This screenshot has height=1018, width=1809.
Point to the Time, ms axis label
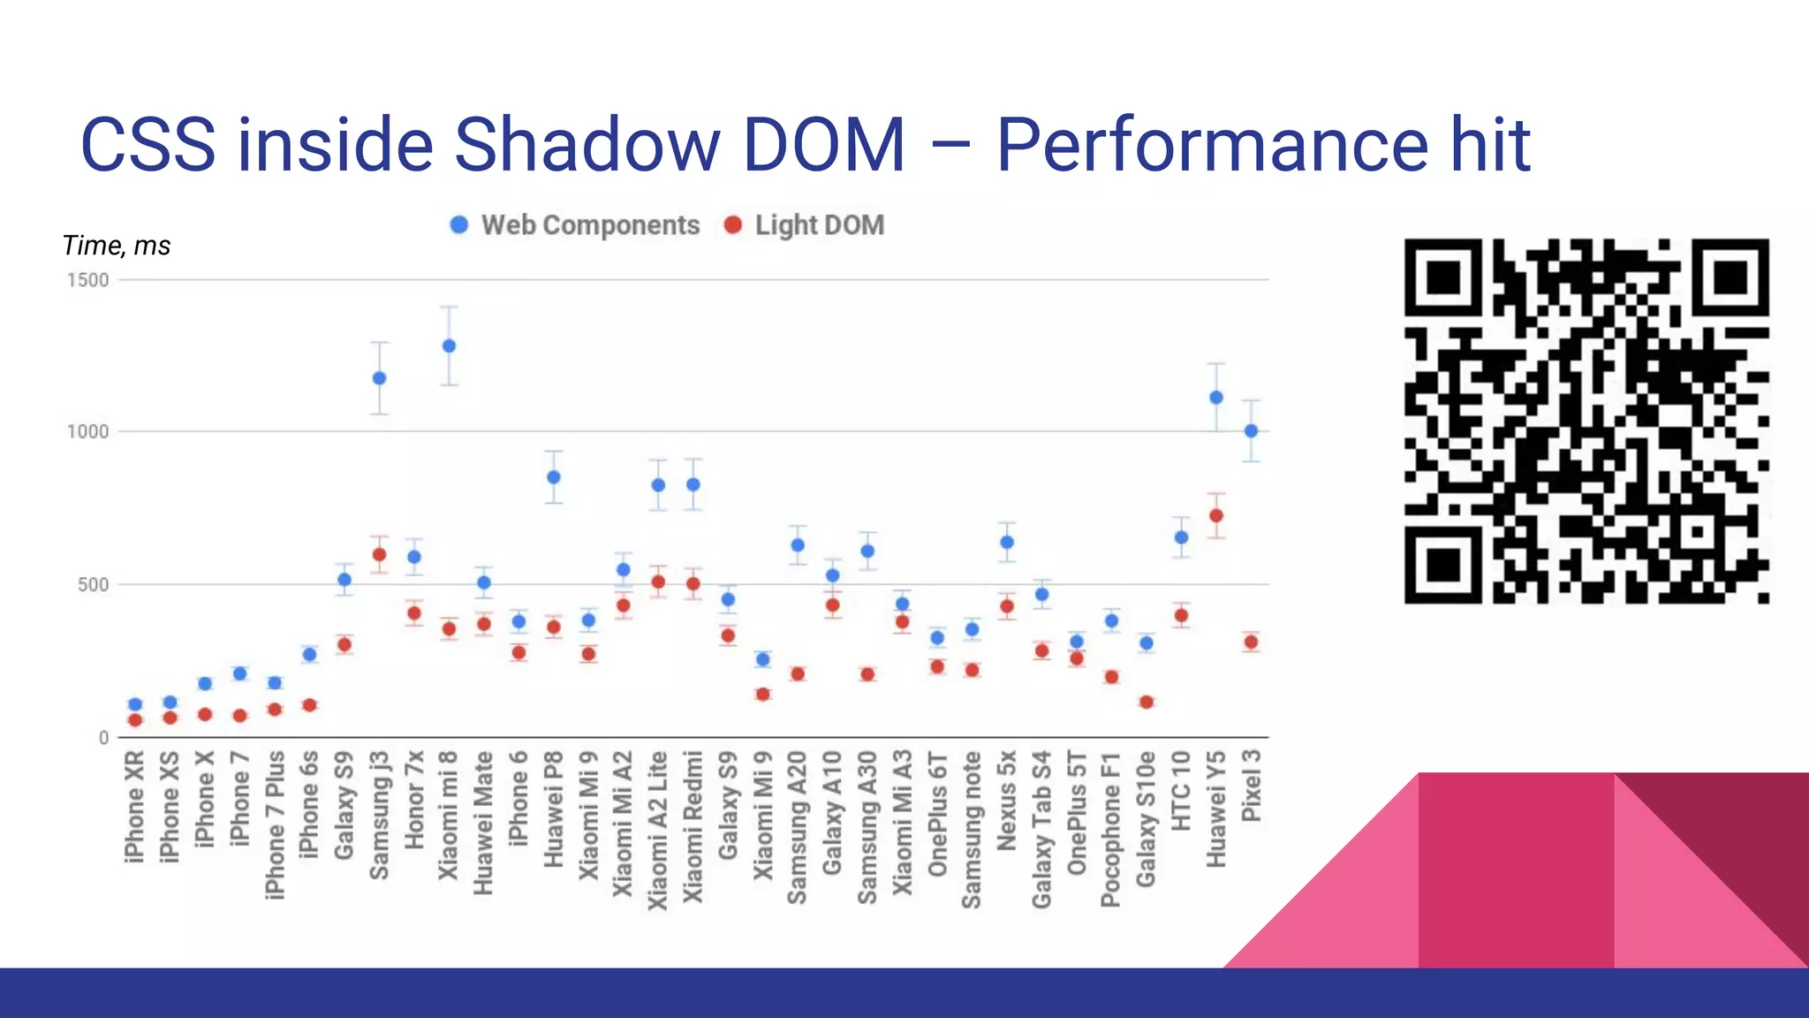point(116,246)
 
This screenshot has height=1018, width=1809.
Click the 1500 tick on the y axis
point(87,280)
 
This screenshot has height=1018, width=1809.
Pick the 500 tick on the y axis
point(93,584)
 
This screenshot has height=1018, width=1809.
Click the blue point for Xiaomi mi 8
point(449,346)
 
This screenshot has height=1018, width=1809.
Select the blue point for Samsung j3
point(379,378)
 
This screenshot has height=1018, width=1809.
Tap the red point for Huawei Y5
point(1216,515)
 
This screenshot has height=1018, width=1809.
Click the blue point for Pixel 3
point(1251,431)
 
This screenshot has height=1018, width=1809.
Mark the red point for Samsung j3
point(379,555)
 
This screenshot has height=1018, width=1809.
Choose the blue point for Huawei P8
point(554,477)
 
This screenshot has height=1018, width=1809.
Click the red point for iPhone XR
point(135,720)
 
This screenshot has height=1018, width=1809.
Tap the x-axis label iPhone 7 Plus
point(275,824)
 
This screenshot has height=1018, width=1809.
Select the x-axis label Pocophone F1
point(1111,829)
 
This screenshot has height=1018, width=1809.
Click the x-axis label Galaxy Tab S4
point(1041,829)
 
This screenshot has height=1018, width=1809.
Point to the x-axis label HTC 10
point(1181,791)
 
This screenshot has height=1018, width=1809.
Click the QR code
point(1586,421)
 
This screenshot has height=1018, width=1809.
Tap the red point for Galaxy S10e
point(1147,703)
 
